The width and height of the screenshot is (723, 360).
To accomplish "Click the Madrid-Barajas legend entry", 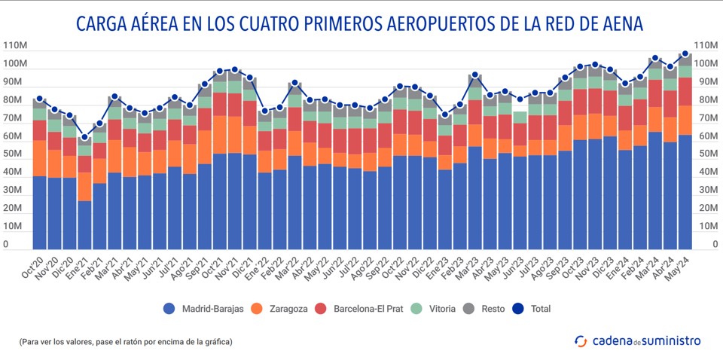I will pos(203,309).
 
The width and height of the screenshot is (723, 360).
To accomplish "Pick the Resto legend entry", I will pos(505,309).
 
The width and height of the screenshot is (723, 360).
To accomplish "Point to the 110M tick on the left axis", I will pos(16,45).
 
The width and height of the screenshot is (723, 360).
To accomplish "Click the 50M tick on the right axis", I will pos(705,154).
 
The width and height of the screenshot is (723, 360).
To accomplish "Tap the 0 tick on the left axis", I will pos(6,245).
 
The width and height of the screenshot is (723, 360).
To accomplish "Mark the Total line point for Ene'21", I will pos(85,138).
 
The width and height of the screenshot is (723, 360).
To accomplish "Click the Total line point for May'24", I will pos(685,53).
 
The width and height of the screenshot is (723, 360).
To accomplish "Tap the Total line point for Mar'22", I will pos(295,83).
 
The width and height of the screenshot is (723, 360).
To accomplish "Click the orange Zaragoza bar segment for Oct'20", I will pos(40,158).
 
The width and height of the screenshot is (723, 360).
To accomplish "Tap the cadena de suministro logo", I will pos(637,341).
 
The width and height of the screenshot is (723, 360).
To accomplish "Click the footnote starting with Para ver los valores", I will pos(126,342).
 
